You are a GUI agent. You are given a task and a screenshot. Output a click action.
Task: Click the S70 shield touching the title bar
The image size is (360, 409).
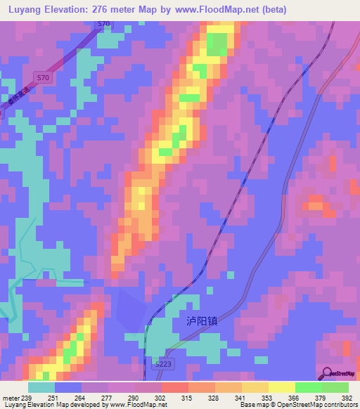coord(104,23)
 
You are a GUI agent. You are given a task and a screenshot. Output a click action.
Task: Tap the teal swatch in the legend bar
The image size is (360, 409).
coord(41,387)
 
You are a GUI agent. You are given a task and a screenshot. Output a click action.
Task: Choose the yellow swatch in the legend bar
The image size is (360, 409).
coord(282,387)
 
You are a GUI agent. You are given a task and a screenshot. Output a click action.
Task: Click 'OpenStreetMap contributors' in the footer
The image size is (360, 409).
coord(320,405)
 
